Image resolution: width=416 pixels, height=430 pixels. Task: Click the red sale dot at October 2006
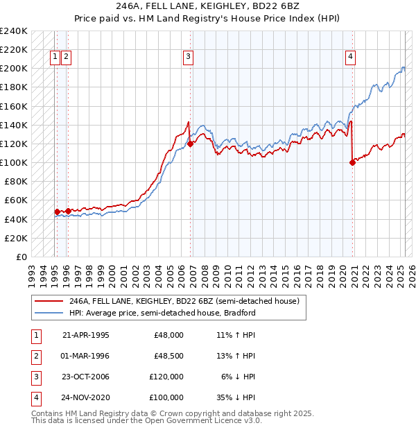click(190, 144)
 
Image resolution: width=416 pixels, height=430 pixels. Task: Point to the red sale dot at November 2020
click(352, 163)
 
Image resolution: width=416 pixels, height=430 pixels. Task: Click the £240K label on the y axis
click(14, 31)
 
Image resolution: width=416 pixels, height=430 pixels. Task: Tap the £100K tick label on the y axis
click(14, 163)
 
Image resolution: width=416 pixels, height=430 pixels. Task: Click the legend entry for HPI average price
click(162, 313)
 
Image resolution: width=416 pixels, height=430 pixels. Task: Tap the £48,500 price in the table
click(168, 355)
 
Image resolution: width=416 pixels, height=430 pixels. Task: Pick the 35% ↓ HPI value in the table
click(239, 397)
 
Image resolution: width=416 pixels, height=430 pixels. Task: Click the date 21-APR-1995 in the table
click(86, 334)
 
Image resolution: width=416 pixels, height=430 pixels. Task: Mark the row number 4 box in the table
click(35, 397)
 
